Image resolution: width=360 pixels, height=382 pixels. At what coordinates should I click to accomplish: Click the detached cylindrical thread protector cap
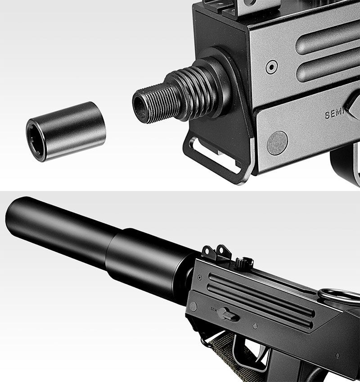[x=67, y=131]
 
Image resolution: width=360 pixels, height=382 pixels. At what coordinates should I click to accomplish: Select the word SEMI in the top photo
[x=334, y=114]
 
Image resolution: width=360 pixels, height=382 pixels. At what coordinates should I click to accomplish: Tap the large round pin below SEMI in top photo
[x=277, y=143]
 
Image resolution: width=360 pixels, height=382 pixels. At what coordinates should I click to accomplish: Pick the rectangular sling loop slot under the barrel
[x=216, y=155]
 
